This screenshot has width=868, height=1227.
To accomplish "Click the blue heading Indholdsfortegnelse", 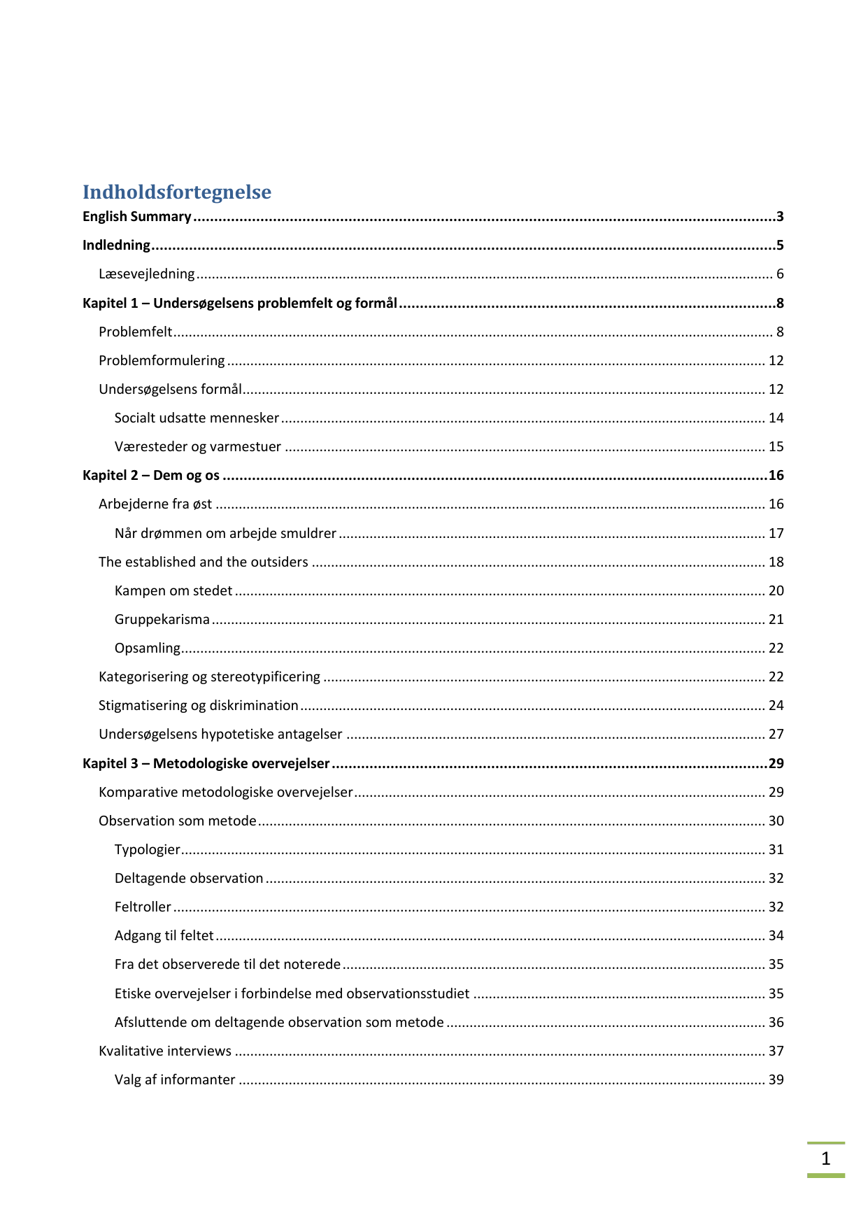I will [x=176, y=192].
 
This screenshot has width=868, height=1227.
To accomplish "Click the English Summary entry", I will [x=137, y=217].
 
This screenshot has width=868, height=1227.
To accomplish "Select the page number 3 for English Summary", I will [x=779, y=217].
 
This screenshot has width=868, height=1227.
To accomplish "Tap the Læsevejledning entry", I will [x=146, y=274].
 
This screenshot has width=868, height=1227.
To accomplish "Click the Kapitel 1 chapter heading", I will [x=239, y=303].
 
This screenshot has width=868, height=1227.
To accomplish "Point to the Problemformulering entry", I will [x=162, y=360].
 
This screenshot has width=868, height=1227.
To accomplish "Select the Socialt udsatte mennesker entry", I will [x=197, y=418].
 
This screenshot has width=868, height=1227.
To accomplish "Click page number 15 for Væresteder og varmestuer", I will [x=776, y=446].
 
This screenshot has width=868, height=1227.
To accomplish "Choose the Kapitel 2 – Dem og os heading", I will [x=151, y=476].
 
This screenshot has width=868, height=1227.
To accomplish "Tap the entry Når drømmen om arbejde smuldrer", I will [x=225, y=533].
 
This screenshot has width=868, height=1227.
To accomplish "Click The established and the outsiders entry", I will [x=204, y=562].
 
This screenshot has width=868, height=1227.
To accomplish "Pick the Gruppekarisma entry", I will [x=162, y=619].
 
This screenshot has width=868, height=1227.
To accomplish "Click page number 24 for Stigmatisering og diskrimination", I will [x=776, y=705].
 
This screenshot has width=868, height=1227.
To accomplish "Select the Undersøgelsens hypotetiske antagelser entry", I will [x=220, y=734].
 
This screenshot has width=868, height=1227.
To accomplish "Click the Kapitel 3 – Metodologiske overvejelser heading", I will [x=206, y=763].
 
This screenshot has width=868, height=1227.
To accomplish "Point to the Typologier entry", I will [x=147, y=849].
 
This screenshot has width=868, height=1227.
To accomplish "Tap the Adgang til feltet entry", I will [x=164, y=935].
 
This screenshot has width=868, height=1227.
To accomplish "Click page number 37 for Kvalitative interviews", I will [x=776, y=1051].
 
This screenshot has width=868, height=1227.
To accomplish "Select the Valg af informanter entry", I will [x=175, y=1079].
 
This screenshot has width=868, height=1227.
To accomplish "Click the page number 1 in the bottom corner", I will [x=825, y=1158].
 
